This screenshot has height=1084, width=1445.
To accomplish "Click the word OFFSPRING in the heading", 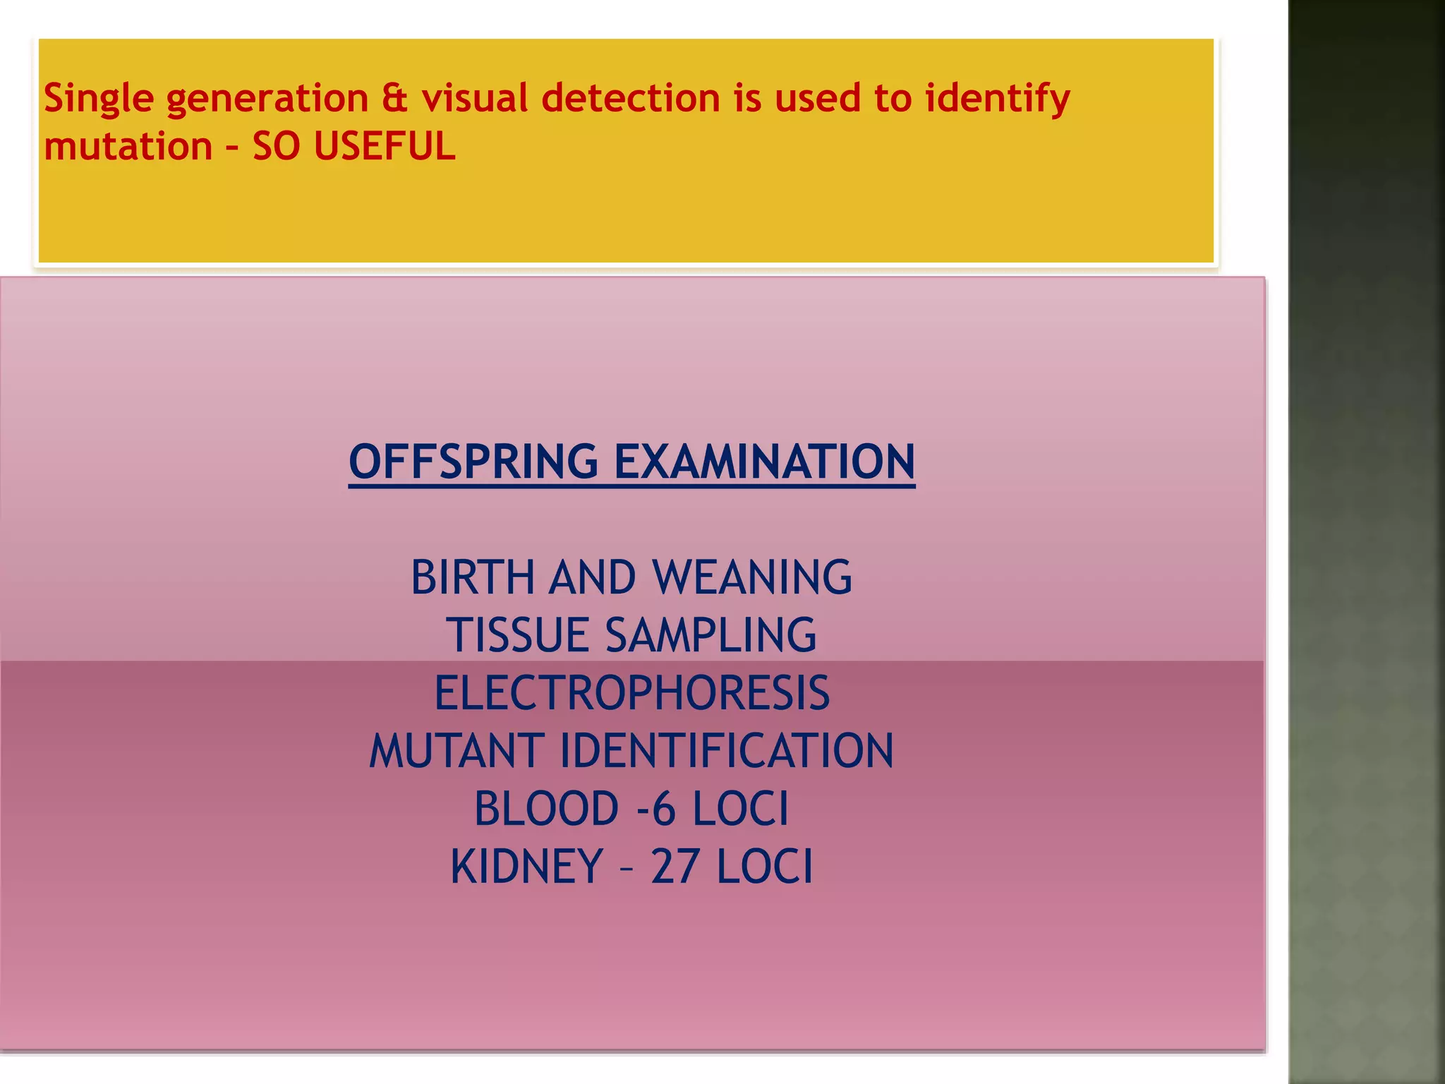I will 473,462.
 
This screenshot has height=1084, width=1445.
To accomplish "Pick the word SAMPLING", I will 711,635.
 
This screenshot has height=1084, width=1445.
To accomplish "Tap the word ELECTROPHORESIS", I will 631,693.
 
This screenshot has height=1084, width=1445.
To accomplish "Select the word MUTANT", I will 457,751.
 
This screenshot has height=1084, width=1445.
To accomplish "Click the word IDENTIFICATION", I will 727,751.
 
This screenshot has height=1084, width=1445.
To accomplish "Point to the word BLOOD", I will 546,809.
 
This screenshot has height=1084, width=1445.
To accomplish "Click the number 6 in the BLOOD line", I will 663,809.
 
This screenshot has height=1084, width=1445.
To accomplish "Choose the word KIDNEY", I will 526,867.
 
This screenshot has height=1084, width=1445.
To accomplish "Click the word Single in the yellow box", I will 99,99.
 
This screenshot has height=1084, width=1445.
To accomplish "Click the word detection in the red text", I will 630,97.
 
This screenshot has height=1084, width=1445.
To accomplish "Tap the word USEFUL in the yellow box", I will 385,147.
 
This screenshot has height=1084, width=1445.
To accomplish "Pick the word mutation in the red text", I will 128,147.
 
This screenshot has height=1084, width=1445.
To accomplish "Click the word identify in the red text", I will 997,99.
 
